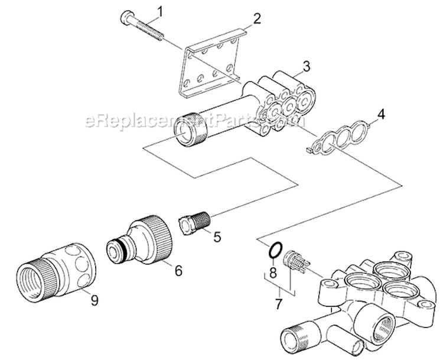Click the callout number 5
click(x=217, y=237)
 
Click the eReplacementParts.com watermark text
click(x=195, y=121)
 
